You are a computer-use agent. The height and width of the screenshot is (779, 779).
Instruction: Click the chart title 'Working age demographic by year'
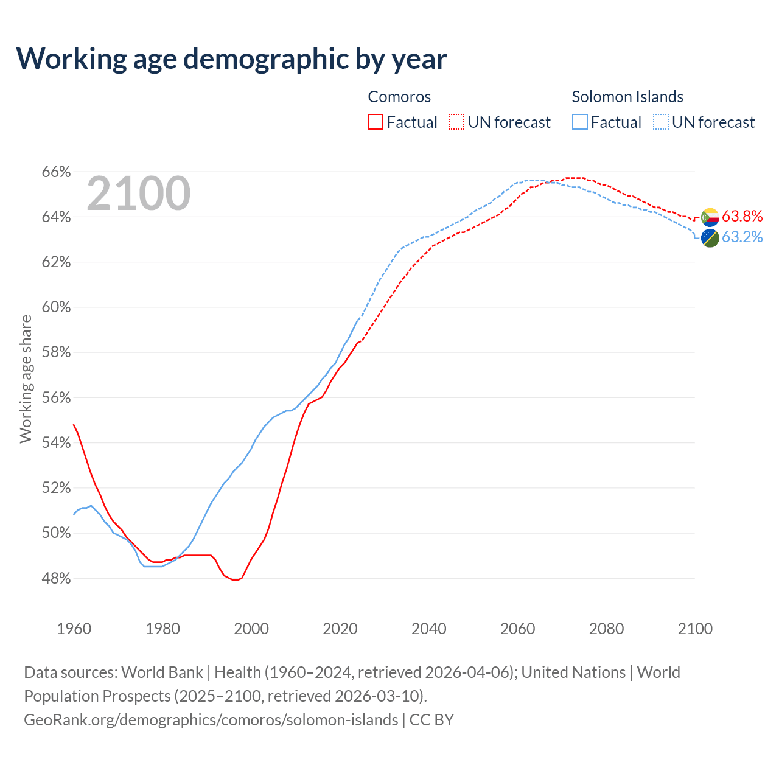pos(231,58)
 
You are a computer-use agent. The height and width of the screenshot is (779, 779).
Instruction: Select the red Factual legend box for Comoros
pos(376,122)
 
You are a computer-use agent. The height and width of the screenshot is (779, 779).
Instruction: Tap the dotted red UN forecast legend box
pos(456,122)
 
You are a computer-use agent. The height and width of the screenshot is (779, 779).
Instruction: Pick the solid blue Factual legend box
pos(580,122)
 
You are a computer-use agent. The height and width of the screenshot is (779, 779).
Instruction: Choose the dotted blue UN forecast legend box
pos(661,122)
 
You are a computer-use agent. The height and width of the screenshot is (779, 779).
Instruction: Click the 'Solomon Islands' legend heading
pos(627,97)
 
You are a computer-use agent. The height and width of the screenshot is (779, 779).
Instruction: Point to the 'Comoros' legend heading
pos(399,97)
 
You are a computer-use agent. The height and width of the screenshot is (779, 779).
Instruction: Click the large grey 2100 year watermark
pos(139,194)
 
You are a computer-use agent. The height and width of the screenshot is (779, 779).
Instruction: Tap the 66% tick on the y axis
pos(56,172)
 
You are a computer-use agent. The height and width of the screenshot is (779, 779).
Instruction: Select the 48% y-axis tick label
pos(56,578)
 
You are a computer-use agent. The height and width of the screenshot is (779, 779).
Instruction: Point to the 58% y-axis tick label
pos(56,352)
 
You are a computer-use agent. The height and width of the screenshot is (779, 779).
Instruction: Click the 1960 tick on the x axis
pos(74,629)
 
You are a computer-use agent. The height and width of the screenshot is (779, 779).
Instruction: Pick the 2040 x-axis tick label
pos(429,629)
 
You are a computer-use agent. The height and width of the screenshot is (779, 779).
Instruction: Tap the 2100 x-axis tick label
pos(695,629)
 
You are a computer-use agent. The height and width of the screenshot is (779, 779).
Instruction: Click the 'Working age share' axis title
pos(26,379)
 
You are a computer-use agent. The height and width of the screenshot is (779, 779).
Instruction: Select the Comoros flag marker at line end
pos(710,217)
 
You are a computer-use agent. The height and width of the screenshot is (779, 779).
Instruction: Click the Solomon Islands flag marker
pos(710,238)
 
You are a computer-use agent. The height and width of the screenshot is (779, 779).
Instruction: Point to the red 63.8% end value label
pos(742,216)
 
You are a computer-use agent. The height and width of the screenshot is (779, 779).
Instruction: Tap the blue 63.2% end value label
pos(742,237)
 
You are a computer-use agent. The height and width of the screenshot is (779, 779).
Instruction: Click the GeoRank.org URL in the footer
pos(211,720)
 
